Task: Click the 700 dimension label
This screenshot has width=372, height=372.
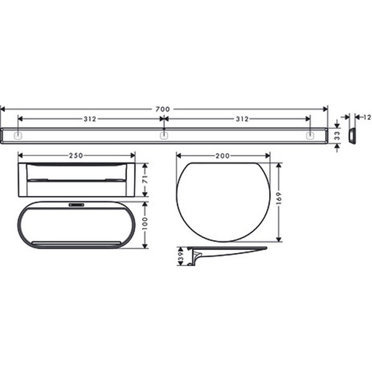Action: coord(162,109)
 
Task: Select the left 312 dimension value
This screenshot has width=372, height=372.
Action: coord(90,119)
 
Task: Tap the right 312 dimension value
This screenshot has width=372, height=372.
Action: coord(242,119)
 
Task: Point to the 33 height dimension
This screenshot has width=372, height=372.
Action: coord(337,136)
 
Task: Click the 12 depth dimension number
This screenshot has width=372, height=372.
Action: coord(367,117)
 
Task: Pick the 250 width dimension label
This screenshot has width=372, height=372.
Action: coord(76,156)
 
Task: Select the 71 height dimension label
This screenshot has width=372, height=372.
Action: coord(145,179)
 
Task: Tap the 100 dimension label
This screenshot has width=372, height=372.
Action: coord(144,223)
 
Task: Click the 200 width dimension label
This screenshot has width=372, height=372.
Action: coord(223,156)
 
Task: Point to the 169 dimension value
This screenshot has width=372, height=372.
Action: coord(278,198)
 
